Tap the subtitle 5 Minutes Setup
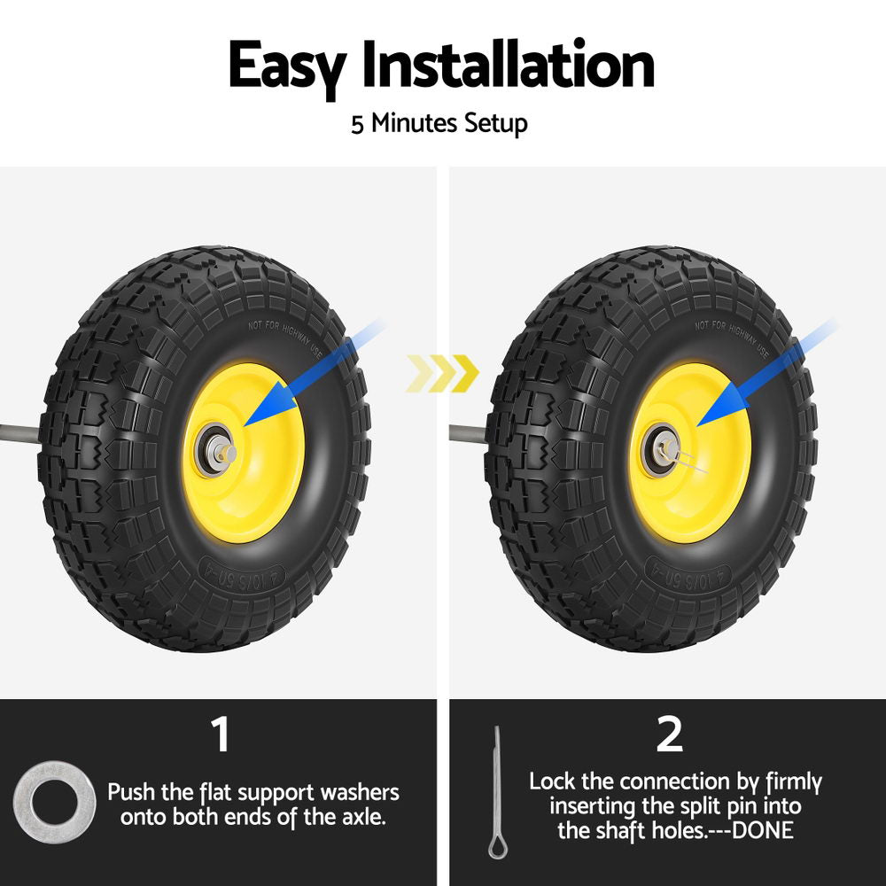pos(439,122)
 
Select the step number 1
pos(219,735)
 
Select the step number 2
pos(670,735)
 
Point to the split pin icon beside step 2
pos(496,792)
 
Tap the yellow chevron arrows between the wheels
pos(442,373)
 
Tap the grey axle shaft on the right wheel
pos(467,434)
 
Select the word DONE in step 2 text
pos(762,830)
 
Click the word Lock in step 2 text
pos(554,781)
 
